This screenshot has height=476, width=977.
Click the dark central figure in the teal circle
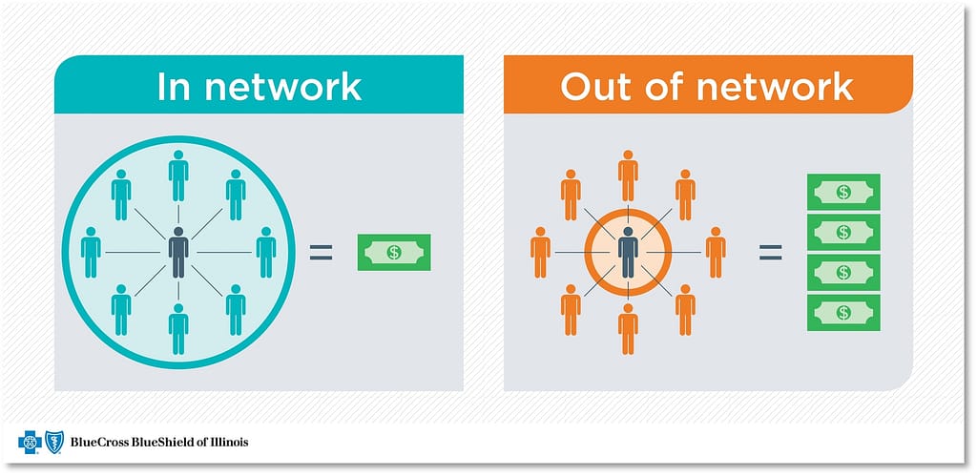(178, 253)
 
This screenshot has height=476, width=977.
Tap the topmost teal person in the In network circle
(178, 176)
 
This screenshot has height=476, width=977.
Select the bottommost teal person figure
(178, 329)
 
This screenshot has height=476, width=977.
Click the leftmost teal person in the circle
(91, 253)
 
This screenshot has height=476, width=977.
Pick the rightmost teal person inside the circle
(266, 253)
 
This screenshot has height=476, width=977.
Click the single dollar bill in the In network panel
(394, 253)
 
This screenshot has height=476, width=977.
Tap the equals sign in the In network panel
(321, 253)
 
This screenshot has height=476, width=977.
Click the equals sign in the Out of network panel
(770, 253)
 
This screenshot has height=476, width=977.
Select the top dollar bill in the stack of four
(843, 192)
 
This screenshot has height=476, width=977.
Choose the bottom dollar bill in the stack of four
(843, 313)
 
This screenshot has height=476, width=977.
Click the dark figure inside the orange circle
(628, 253)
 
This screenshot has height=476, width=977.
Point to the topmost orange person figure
(628, 176)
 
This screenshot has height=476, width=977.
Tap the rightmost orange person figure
(716, 253)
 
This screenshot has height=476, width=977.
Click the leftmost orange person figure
(540, 253)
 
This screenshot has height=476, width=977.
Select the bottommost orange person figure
(628, 329)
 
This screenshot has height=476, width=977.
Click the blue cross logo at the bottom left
(30, 443)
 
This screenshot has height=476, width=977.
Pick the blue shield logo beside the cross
(54, 443)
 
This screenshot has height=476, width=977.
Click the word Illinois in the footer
(229, 443)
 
